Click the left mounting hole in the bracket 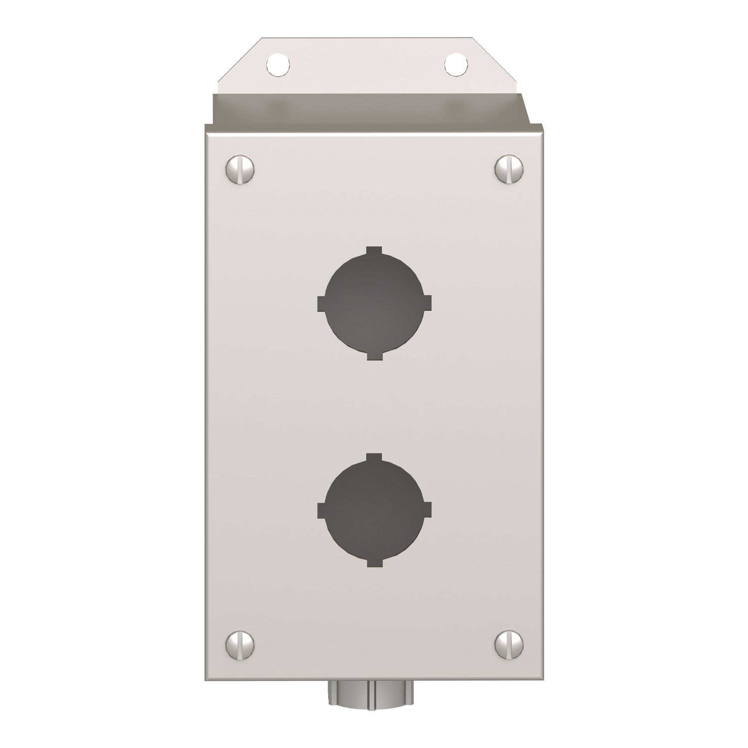click(x=278, y=63)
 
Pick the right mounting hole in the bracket click(x=456, y=63)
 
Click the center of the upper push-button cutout click(x=374, y=303)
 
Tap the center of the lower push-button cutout click(x=374, y=510)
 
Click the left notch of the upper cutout click(x=322, y=303)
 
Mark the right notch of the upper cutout click(x=427, y=303)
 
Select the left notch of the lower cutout click(x=322, y=510)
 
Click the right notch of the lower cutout click(x=427, y=510)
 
